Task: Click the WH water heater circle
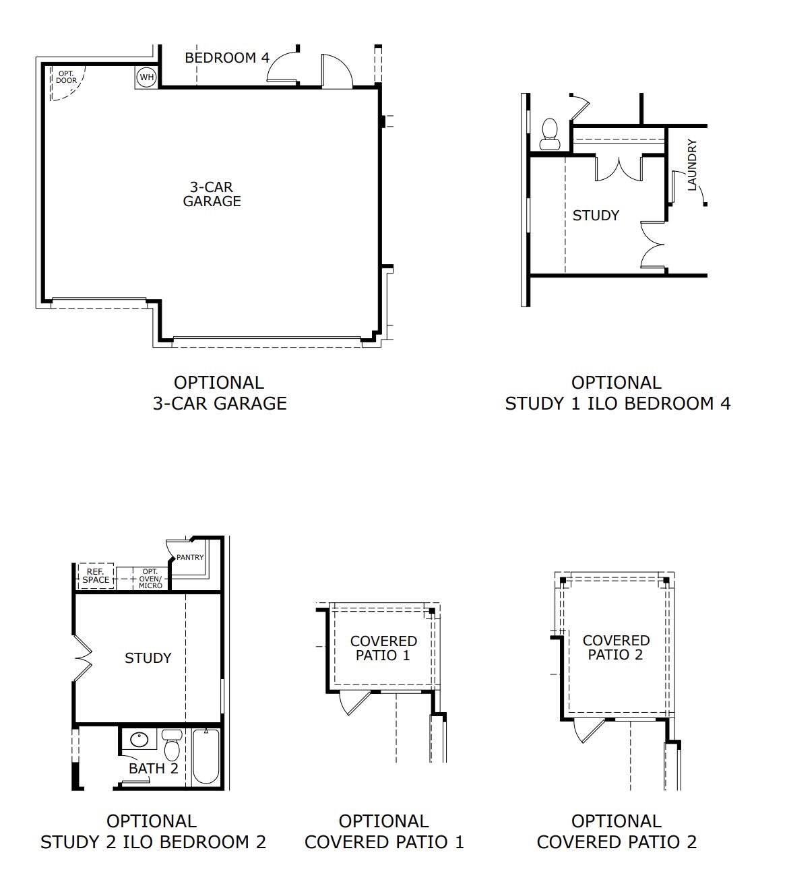coord(146,77)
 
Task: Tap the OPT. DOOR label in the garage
coord(66,77)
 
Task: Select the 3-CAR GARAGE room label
coord(212,194)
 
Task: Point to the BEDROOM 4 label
coord(227,58)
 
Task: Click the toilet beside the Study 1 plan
coord(550,134)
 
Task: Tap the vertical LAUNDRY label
coord(692,165)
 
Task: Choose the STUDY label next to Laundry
coord(596,216)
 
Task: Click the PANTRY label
coord(190,557)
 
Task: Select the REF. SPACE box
coord(96,576)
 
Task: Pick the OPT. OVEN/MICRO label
coord(150,579)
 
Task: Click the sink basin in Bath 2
coord(139,738)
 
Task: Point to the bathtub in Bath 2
coord(206,757)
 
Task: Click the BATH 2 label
coord(153,768)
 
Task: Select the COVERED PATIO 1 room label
coord(383,648)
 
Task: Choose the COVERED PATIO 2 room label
coord(616,647)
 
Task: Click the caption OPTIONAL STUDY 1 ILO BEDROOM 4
coord(617,393)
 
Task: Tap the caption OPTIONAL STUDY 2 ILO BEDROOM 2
coord(153,831)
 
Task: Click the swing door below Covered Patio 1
coord(354,703)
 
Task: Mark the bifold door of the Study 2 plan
coord(82,658)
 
